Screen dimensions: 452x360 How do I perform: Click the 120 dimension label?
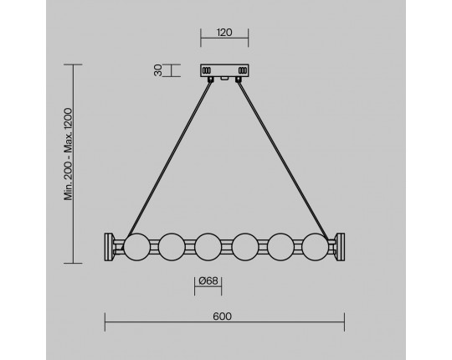(x=224, y=33)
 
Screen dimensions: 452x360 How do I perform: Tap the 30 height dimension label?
(x=158, y=70)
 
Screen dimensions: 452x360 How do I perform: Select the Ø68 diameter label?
(x=208, y=280)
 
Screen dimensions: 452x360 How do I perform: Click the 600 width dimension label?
(x=223, y=316)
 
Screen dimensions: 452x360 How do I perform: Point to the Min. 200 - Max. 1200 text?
(x=68, y=154)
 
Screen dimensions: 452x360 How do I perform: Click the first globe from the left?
(x=137, y=247)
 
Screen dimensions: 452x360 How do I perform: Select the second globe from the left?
(x=172, y=247)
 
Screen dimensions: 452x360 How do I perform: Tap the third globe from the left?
(x=208, y=247)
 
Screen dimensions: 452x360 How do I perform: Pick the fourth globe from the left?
(x=245, y=247)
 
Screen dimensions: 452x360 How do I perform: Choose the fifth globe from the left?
(x=280, y=247)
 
